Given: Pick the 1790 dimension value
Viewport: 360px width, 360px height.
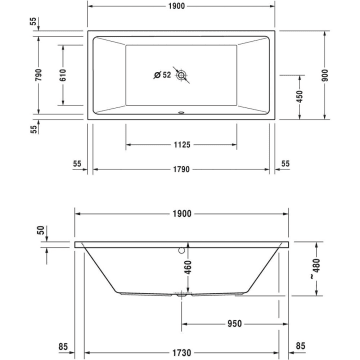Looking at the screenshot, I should pos(180,168).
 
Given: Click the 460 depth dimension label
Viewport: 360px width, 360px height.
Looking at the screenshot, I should pos(186,268).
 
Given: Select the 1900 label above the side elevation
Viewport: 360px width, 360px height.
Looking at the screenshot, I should pos(180,214).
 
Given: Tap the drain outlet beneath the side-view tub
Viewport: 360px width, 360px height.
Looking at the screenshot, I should pos(181,296).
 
